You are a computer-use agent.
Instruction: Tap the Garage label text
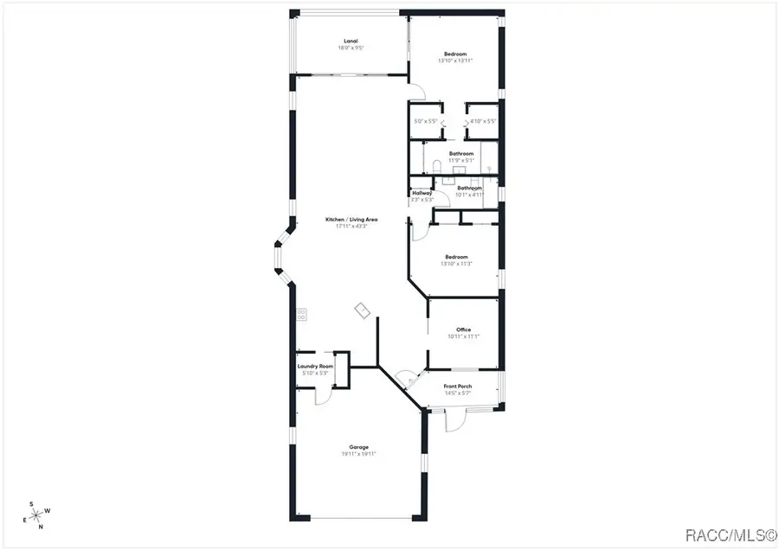click(x=358, y=447)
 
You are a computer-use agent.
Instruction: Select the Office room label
click(x=463, y=329)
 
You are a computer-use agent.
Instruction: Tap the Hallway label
click(x=422, y=193)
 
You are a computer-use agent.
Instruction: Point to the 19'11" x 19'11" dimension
click(x=358, y=454)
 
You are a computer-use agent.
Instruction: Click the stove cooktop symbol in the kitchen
click(x=301, y=315)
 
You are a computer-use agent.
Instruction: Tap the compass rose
click(x=36, y=515)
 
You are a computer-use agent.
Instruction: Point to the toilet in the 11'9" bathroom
click(x=436, y=167)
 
